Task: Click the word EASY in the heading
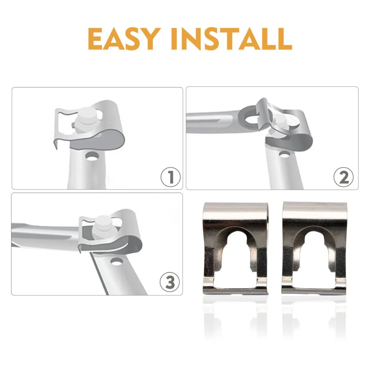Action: click(x=123, y=39)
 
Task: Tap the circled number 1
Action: click(x=170, y=177)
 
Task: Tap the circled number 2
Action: click(x=344, y=177)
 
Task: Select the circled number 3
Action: click(x=170, y=282)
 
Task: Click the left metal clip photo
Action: click(x=235, y=248)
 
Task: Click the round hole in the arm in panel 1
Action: click(x=92, y=156)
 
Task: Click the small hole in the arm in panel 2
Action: click(x=285, y=154)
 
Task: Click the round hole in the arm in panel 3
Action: click(x=117, y=262)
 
